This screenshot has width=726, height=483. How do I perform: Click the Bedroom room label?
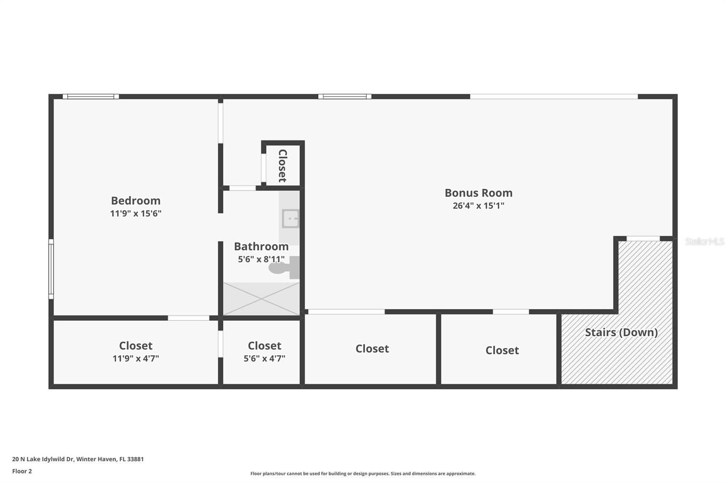136,200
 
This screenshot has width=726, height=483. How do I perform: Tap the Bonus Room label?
478,193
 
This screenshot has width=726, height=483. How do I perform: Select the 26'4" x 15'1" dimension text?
478,206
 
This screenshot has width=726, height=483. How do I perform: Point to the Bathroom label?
261,246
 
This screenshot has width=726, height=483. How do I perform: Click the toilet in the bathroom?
284,267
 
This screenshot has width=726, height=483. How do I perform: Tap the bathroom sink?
290,219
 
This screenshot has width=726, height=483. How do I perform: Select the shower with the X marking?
261,299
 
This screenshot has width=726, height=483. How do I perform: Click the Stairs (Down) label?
621,332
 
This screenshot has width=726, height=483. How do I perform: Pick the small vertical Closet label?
282,165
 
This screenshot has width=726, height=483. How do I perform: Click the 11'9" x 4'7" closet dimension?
136,358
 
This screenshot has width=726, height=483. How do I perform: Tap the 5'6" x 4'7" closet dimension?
264,358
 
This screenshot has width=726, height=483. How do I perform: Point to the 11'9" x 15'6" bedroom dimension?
136,213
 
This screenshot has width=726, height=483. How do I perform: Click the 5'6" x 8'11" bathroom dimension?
261,259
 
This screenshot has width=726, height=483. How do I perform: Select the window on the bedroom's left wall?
51,269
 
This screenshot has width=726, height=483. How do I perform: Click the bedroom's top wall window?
91,97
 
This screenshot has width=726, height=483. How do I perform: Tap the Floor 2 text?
22,471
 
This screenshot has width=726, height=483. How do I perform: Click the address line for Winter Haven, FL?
78,459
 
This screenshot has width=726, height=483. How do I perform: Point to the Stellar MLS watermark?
704,241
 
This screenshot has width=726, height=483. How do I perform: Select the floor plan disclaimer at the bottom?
363,473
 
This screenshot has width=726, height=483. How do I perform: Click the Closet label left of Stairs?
502,350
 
